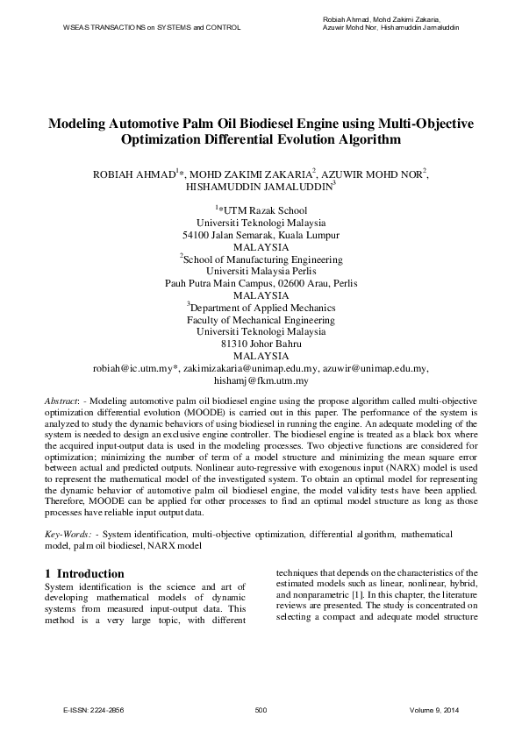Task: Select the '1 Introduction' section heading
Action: click(84, 573)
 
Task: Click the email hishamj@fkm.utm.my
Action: click(261, 381)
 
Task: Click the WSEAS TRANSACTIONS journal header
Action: click(152, 27)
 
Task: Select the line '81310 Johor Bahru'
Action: click(261, 344)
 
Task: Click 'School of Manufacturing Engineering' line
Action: click(263, 259)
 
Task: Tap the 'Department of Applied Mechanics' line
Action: click(262, 308)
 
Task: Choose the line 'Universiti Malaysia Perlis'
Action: click(261, 272)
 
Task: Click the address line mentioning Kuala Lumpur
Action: click(261, 235)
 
